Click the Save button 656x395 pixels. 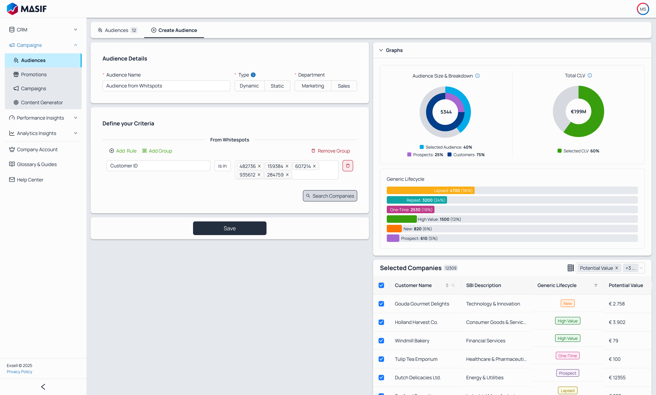pos(229,228)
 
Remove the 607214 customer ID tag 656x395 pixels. pos(314,166)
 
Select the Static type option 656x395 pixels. pos(277,86)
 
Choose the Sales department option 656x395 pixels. pos(344,86)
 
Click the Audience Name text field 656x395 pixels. pos(166,86)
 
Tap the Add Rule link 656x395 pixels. pos(123,151)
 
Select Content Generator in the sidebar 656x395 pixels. pos(42,103)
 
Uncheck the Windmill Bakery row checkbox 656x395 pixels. pos(381,341)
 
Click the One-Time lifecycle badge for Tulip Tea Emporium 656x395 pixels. pos(567,356)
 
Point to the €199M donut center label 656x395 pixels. pos(578,112)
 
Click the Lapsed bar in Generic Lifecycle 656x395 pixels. pos(430,190)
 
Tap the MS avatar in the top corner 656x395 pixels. pos(643,9)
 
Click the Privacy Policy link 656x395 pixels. pos(19,372)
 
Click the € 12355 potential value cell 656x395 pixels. pos(617,377)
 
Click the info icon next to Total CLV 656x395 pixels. pos(590,75)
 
